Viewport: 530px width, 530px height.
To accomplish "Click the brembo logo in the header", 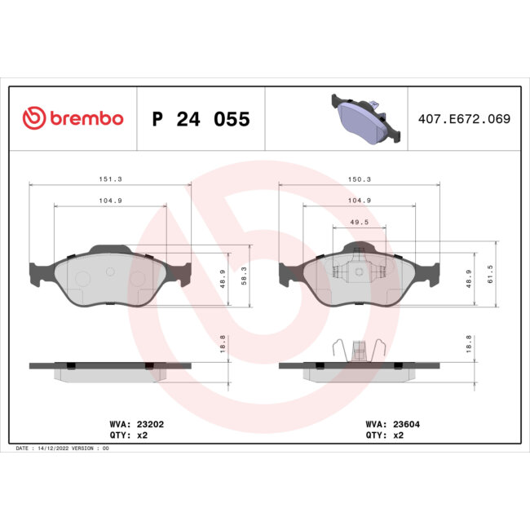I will click(x=73, y=118).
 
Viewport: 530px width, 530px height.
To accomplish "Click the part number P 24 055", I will click(x=201, y=119).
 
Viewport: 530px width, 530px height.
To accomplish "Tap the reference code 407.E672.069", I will click(x=463, y=119).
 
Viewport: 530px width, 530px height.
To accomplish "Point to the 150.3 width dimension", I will click(x=360, y=178).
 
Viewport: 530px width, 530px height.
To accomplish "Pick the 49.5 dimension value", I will click(x=360, y=221).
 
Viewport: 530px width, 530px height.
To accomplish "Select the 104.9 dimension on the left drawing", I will click(x=110, y=200).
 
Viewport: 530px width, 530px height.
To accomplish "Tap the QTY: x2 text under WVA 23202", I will click(x=128, y=435).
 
